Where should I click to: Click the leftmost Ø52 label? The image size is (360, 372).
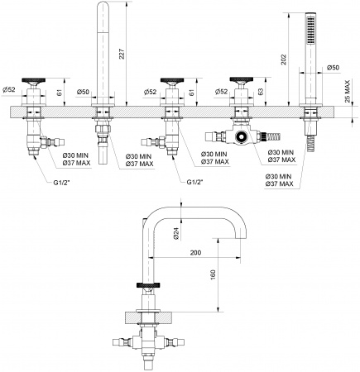tap(10, 88)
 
